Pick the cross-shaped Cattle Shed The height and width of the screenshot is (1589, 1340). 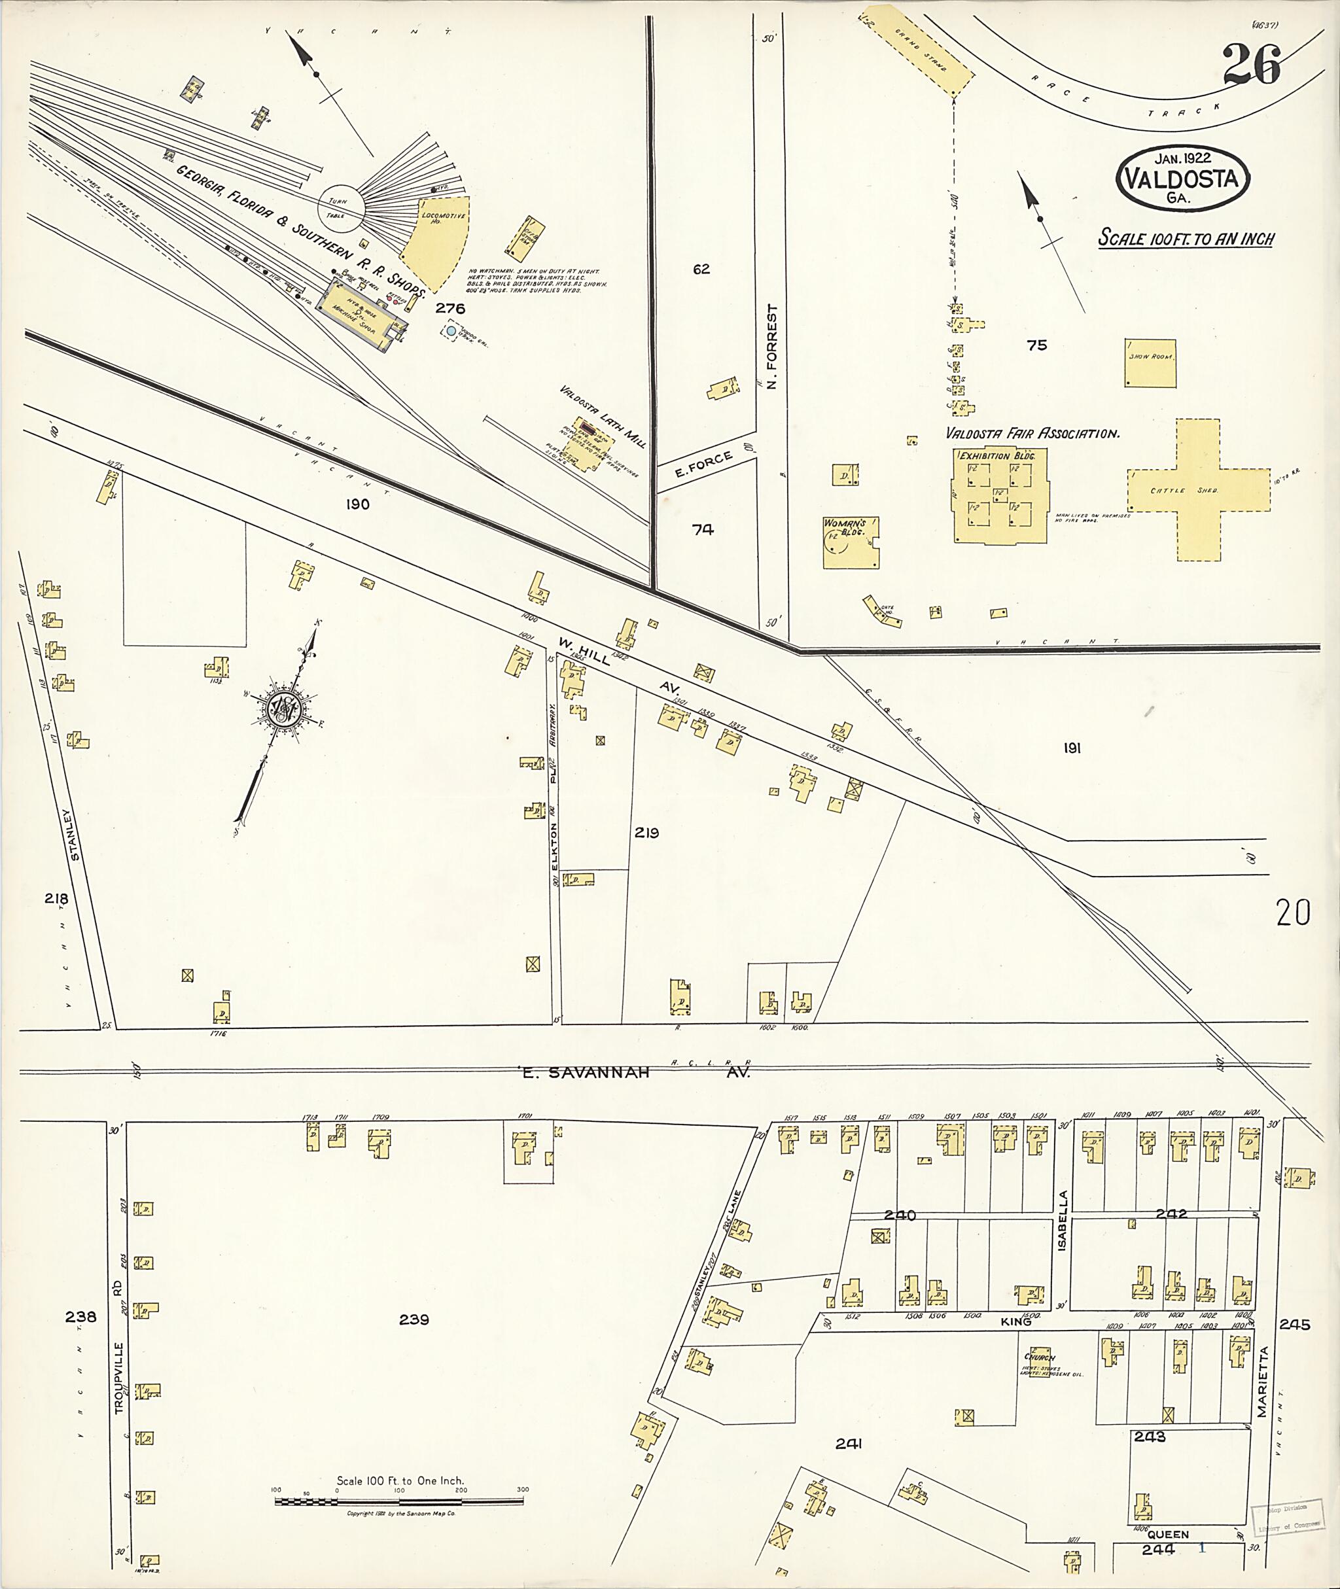(x=1198, y=490)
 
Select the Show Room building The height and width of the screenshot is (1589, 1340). (x=1150, y=363)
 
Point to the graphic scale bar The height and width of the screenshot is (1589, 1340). (x=399, y=1501)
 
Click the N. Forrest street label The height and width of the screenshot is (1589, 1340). (x=773, y=347)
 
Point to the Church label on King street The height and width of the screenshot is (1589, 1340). (x=1039, y=1357)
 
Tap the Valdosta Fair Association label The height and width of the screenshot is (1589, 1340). (x=1032, y=434)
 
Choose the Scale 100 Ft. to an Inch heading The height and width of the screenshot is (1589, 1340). (x=1186, y=237)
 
